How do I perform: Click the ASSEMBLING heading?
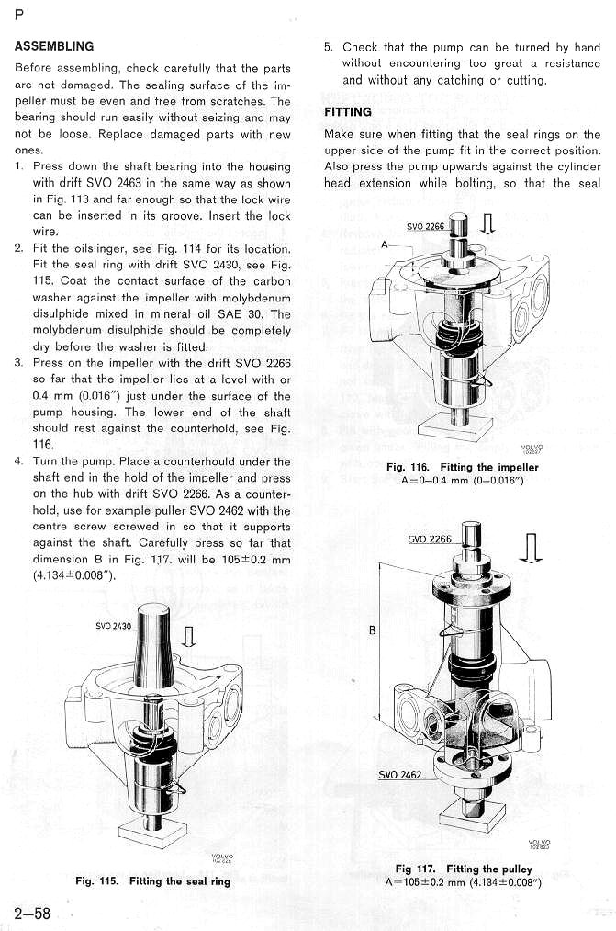click(x=54, y=45)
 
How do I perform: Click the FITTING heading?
click(x=348, y=112)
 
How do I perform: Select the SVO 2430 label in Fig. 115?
click(x=116, y=627)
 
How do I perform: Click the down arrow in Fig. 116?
click(x=487, y=224)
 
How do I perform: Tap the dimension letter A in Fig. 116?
click(x=387, y=245)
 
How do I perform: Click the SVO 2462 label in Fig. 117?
click(x=400, y=774)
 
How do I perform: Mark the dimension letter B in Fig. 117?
click(x=371, y=630)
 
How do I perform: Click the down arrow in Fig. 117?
click(x=529, y=548)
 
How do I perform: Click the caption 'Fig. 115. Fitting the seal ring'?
click(x=152, y=881)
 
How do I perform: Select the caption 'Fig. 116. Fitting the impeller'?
click(x=462, y=467)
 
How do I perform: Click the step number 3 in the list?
click(x=18, y=362)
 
